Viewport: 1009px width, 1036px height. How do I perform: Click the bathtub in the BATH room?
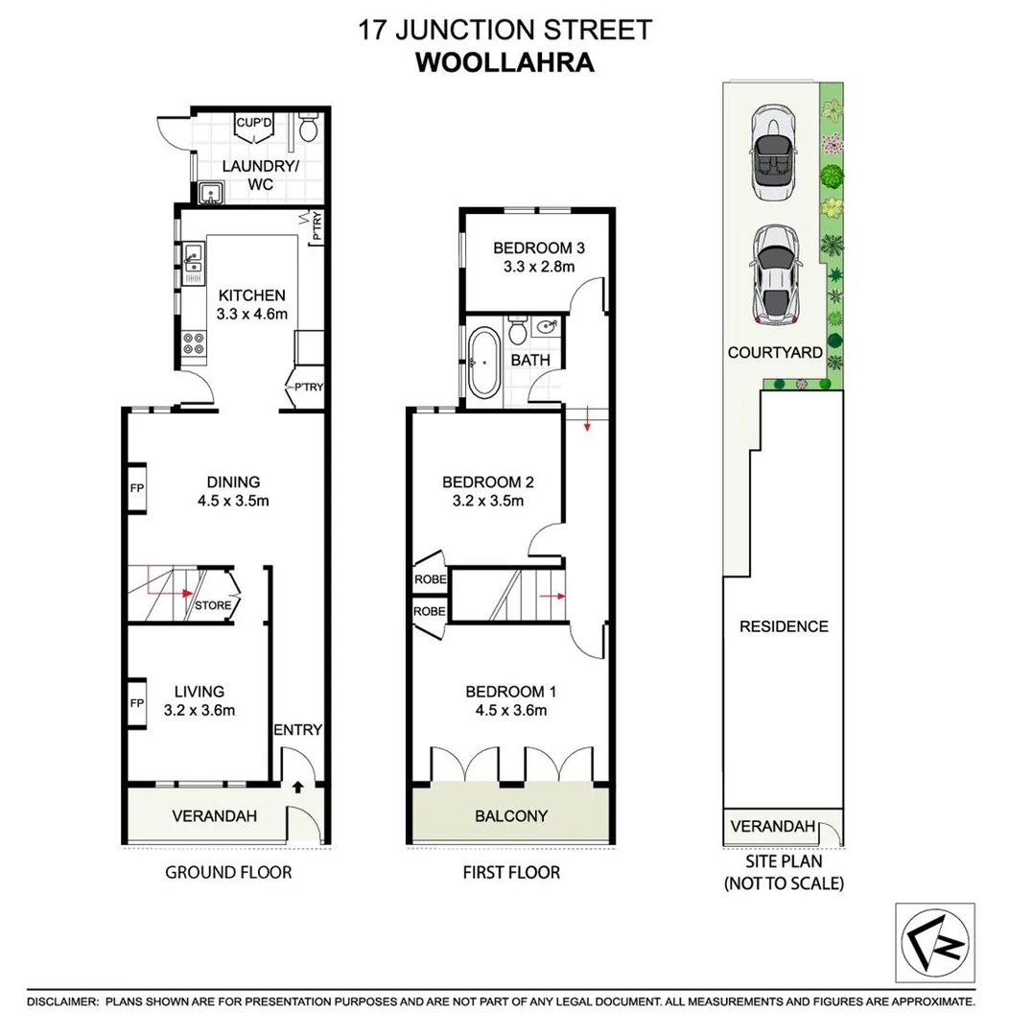tap(482, 364)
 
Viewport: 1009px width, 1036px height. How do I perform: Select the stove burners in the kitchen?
tap(193, 343)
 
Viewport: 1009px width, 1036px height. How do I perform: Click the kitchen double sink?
tap(193, 265)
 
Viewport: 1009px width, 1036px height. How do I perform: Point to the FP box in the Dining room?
tap(136, 488)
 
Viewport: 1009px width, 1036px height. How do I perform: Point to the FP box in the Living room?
tap(136, 703)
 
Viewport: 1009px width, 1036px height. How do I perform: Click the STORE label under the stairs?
tap(212, 605)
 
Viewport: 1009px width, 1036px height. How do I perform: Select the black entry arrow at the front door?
tap(296, 788)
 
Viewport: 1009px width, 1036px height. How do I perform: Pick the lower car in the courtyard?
tap(775, 273)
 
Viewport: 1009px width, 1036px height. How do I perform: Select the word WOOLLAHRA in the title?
tap(504, 62)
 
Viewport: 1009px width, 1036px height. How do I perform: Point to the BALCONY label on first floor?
tap(511, 816)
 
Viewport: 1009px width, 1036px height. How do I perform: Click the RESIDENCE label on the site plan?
tap(784, 626)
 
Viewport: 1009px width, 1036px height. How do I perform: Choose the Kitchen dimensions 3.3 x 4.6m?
tap(250, 314)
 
